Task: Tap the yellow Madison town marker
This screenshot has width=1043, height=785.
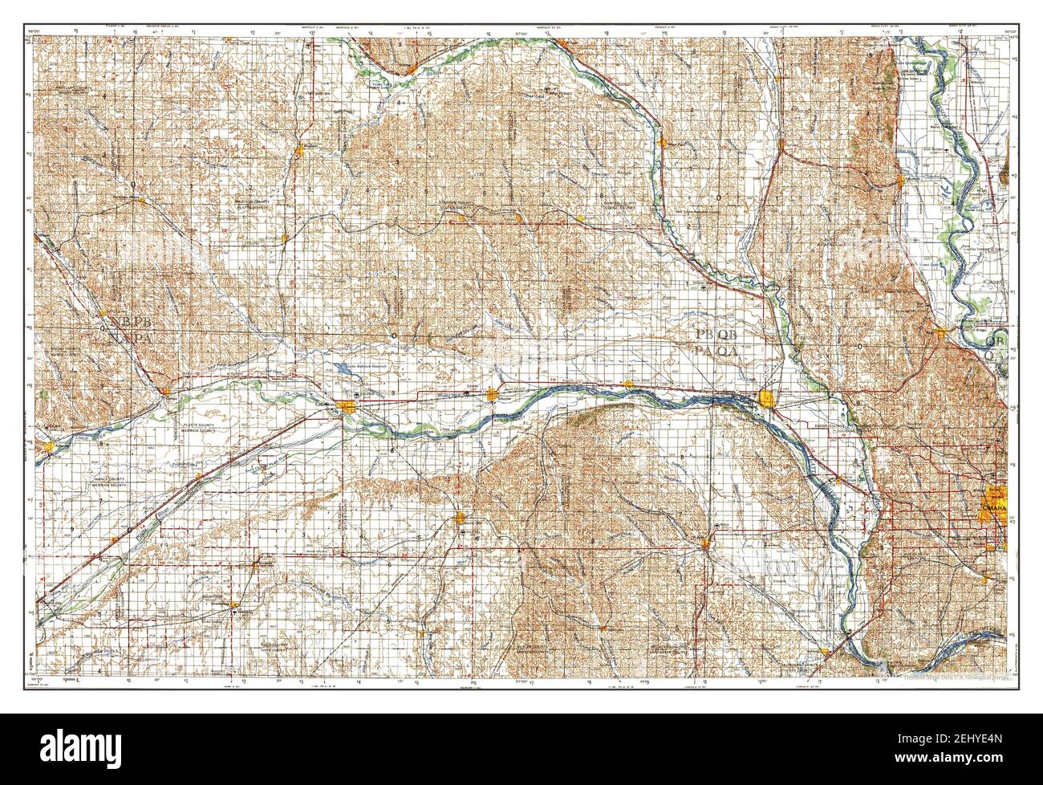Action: [298, 150]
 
